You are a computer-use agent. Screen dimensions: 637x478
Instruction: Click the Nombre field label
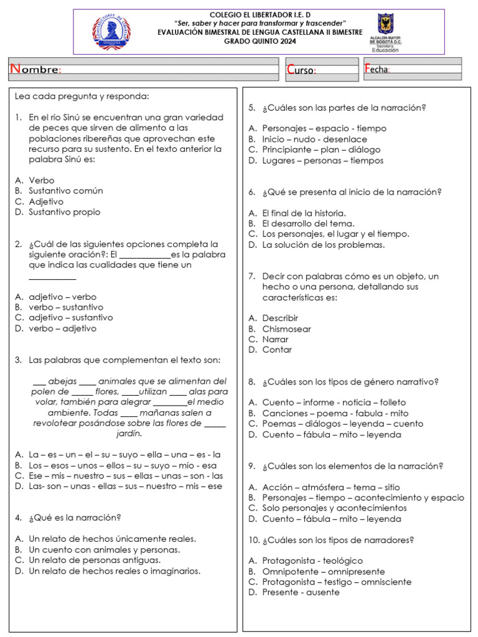coord(35,70)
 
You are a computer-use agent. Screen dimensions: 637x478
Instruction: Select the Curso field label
coord(301,70)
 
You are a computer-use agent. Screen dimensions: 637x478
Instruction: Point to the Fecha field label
coord(377,69)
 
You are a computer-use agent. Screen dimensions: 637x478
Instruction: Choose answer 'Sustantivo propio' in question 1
coord(64,212)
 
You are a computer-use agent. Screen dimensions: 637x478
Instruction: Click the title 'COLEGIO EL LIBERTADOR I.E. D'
coord(260,14)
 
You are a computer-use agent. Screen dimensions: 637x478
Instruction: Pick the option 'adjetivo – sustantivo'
coord(71,318)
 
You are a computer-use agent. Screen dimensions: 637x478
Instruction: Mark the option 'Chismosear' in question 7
coord(286,329)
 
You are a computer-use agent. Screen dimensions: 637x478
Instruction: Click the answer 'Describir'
coord(280,318)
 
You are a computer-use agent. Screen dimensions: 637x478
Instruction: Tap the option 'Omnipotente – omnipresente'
coord(323,572)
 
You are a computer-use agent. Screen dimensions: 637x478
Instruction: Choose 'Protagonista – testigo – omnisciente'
coord(337,582)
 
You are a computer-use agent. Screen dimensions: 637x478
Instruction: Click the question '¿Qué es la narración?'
coord(75,518)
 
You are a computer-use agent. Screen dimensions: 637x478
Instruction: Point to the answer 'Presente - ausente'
coord(301,593)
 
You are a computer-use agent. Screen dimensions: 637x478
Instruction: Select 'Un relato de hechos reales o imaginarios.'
coord(115,571)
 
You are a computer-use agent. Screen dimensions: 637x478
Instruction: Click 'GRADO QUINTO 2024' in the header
coord(260,41)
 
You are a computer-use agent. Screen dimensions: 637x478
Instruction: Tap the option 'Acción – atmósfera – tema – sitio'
coord(331,488)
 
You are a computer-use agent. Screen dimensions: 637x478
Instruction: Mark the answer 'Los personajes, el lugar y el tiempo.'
coord(335,235)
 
